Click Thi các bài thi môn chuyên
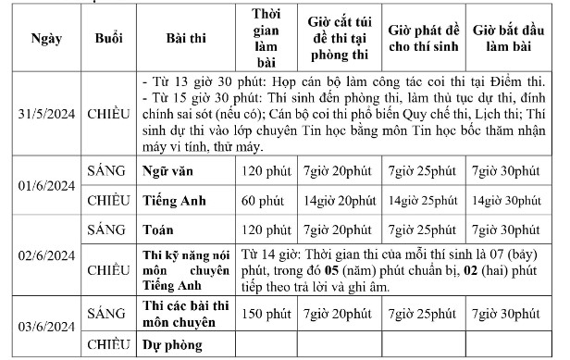click(180, 314)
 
